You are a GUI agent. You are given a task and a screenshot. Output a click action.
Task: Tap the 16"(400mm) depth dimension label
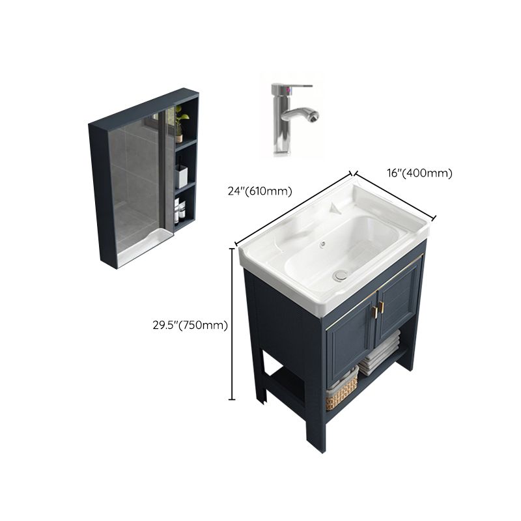tap(418, 173)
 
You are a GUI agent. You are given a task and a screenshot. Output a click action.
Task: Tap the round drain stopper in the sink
tap(338, 276)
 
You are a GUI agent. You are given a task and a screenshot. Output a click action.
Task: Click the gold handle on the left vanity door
tap(374, 311)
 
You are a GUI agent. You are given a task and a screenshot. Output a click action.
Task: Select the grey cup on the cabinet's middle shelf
tap(181, 176)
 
